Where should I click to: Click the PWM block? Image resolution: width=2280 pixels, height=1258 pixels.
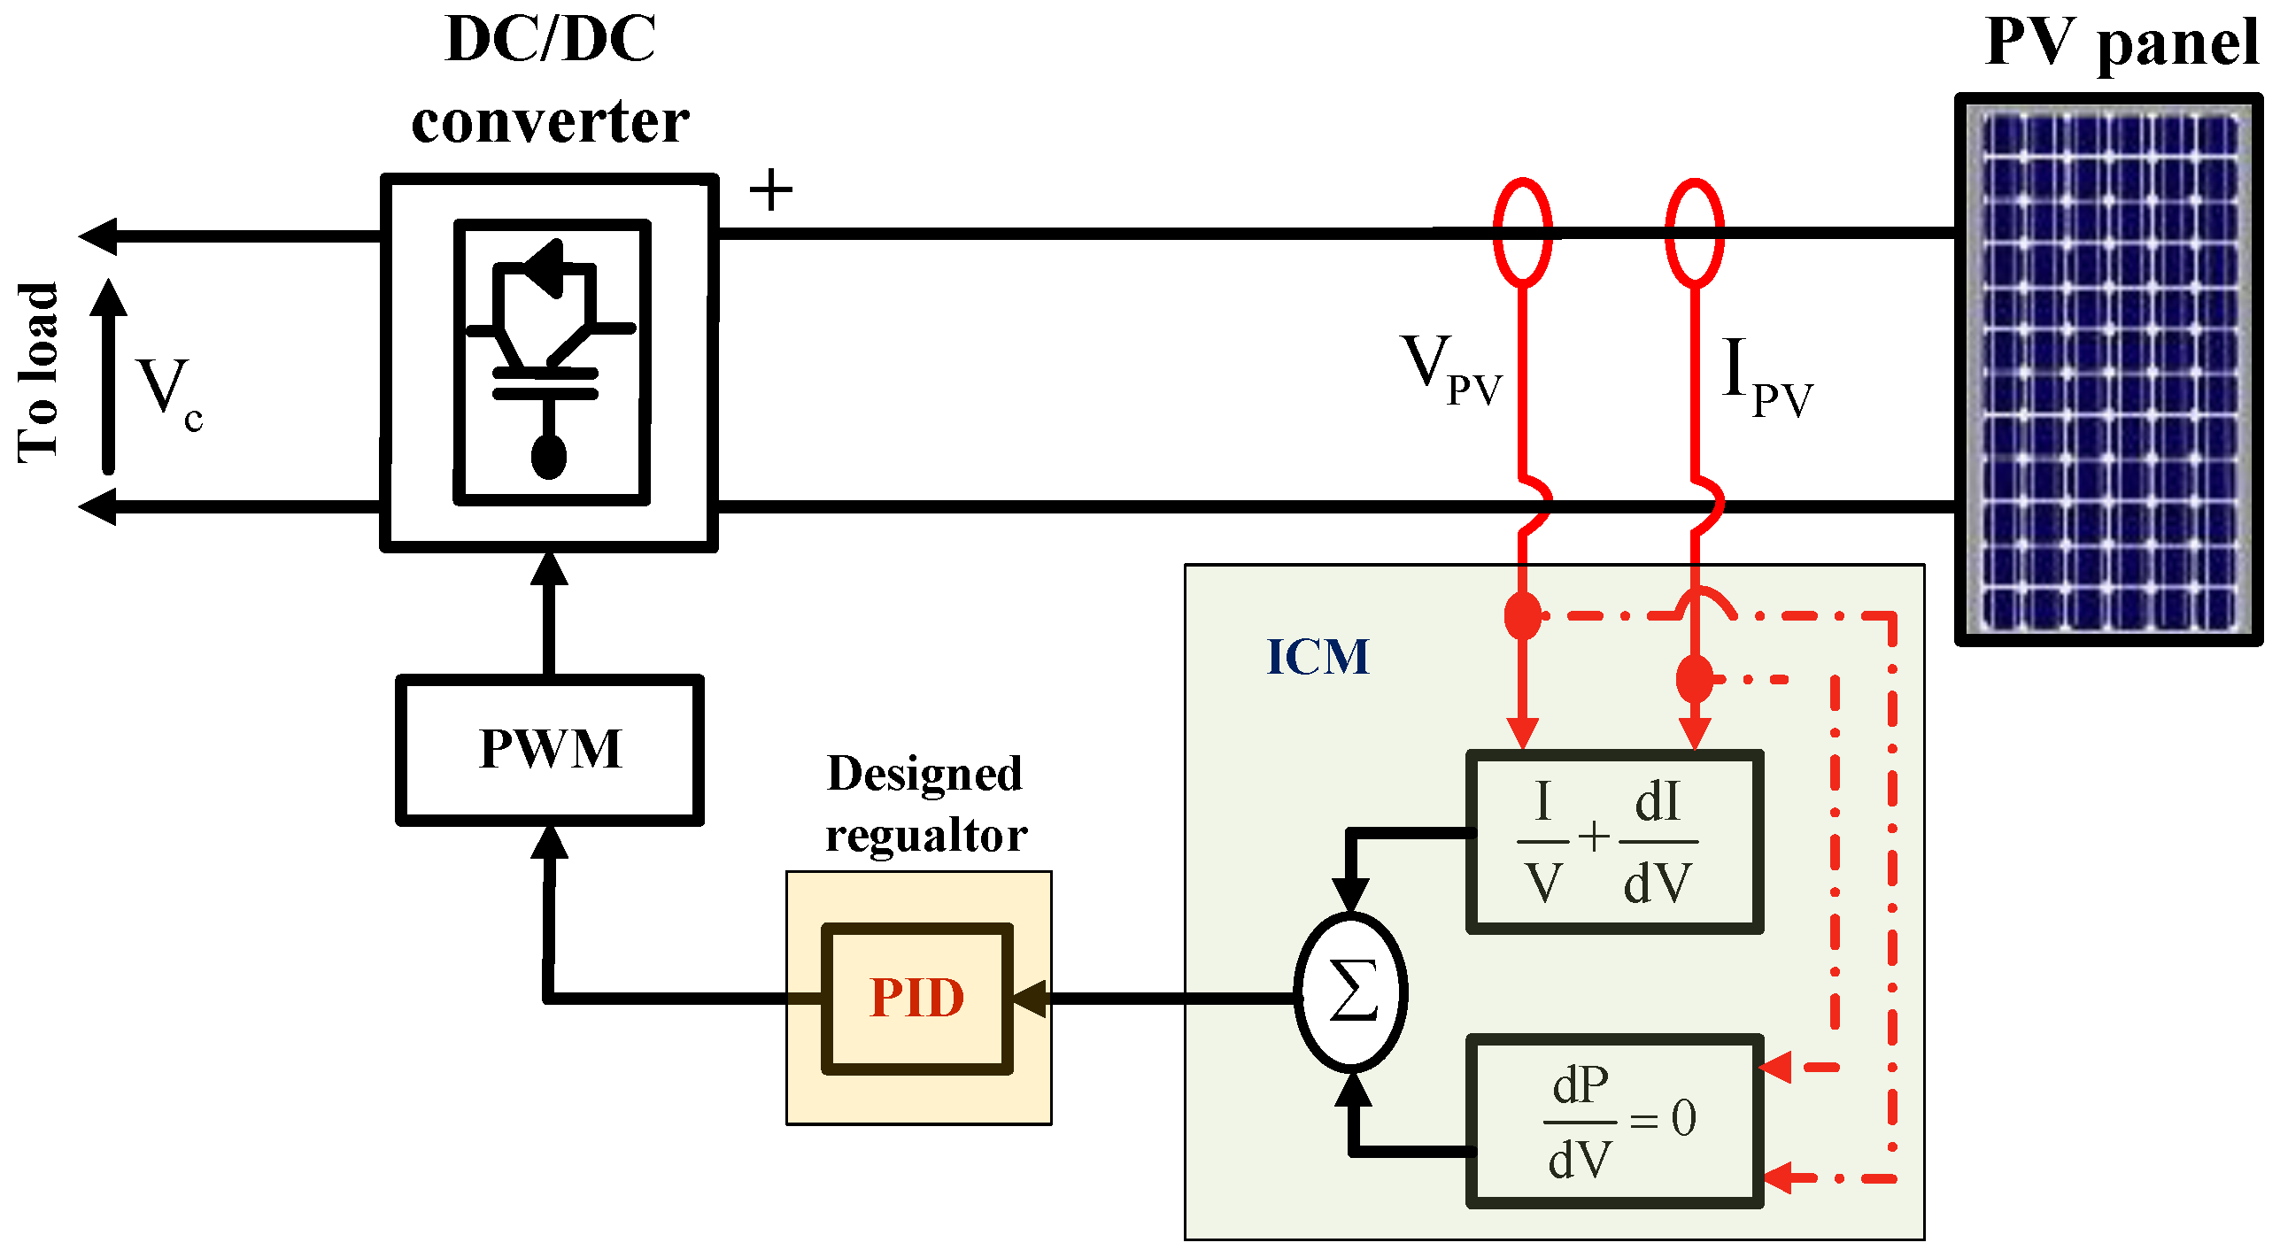pyautogui.click(x=549, y=750)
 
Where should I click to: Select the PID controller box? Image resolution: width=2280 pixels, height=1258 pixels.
pyautogui.click(x=916, y=998)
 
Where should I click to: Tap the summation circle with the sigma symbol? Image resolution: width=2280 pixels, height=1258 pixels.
pyautogui.click(x=1350, y=992)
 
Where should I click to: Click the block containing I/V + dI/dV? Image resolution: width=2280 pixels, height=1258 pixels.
pyautogui.click(x=1613, y=841)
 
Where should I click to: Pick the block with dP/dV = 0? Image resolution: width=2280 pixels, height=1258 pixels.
pyautogui.click(x=1613, y=1120)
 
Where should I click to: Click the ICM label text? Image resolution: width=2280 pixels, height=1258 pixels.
pyautogui.click(x=1318, y=657)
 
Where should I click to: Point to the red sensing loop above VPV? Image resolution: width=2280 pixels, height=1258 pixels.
pyautogui.click(x=1522, y=232)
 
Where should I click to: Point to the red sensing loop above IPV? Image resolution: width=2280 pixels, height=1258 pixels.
pyautogui.click(x=1694, y=232)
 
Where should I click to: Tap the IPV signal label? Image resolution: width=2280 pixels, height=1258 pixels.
pyautogui.click(x=1766, y=376)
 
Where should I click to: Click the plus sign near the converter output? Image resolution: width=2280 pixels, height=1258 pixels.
pyautogui.click(x=770, y=189)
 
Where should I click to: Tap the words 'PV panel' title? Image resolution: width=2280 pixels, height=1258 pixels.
pyautogui.click(x=2121, y=42)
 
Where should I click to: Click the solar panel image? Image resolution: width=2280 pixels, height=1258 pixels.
pyautogui.click(x=2107, y=370)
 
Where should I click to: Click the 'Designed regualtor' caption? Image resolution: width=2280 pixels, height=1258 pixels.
pyautogui.click(x=925, y=804)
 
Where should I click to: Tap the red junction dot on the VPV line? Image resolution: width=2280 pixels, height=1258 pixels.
pyautogui.click(x=1523, y=615)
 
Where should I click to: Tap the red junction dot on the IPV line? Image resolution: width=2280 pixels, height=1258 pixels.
pyautogui.click(x=1695, y=679)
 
